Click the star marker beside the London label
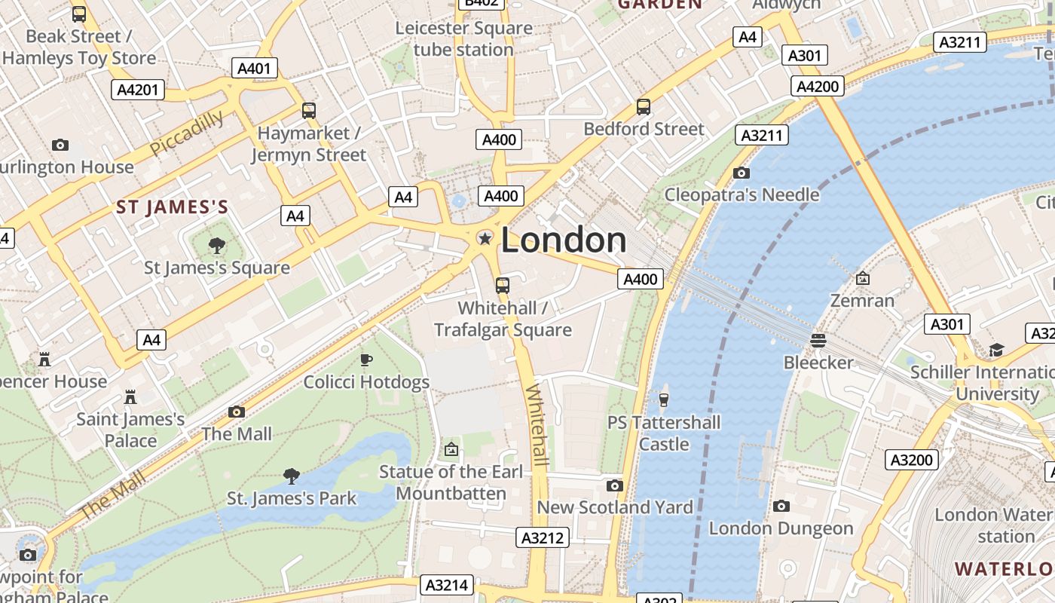[485, 239]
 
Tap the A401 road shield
[253, 69]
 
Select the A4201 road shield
[138, 90]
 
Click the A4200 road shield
[818, 86]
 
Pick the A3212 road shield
[542, 537]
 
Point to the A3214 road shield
[447, 585]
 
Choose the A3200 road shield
[911, 460]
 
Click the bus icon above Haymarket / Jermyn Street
[308, 111]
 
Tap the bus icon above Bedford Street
[643, 107]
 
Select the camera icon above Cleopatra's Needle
[741, 173]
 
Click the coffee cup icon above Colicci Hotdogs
[366, 360]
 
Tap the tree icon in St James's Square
[217, 245]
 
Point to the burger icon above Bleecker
[818, 341]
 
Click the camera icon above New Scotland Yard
[614, 485]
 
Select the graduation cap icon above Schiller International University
[996, 350]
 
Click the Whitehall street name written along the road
[538, 425]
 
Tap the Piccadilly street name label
[187, 133]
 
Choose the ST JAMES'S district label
[172, 207]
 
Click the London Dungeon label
[781, 528]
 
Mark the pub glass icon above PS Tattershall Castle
[664, 399]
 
